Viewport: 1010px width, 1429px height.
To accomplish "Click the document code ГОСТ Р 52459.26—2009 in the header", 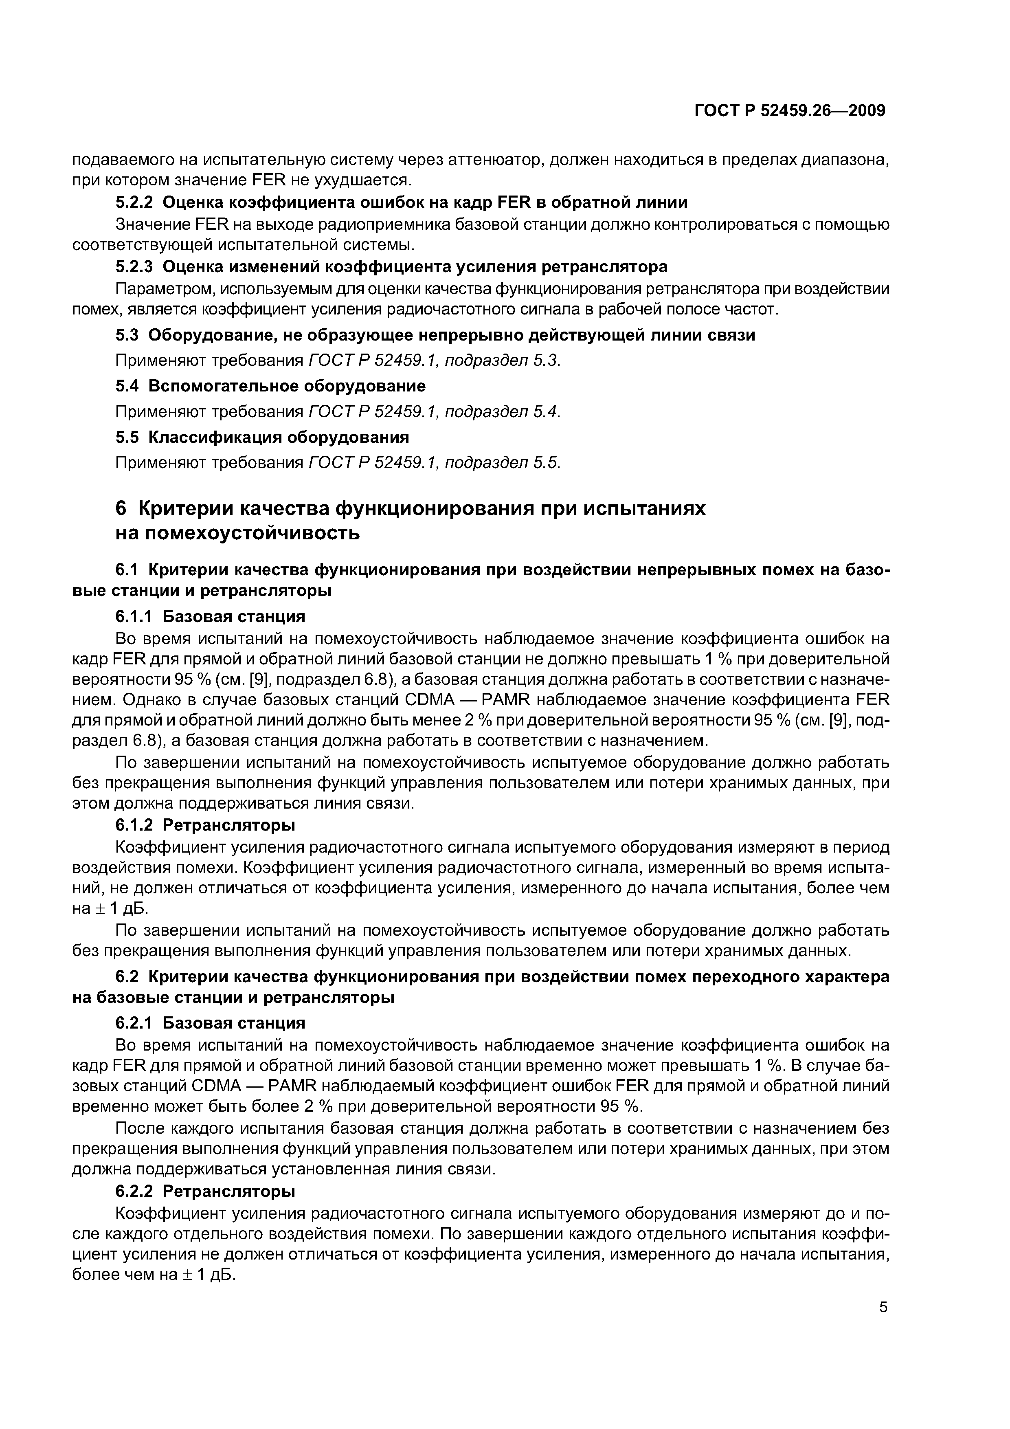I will (x=789, y=111).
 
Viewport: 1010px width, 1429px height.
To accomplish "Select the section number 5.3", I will (x=129, y=335).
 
